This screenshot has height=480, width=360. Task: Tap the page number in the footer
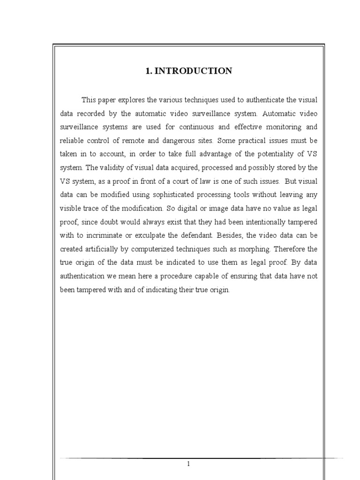[188, 464]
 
